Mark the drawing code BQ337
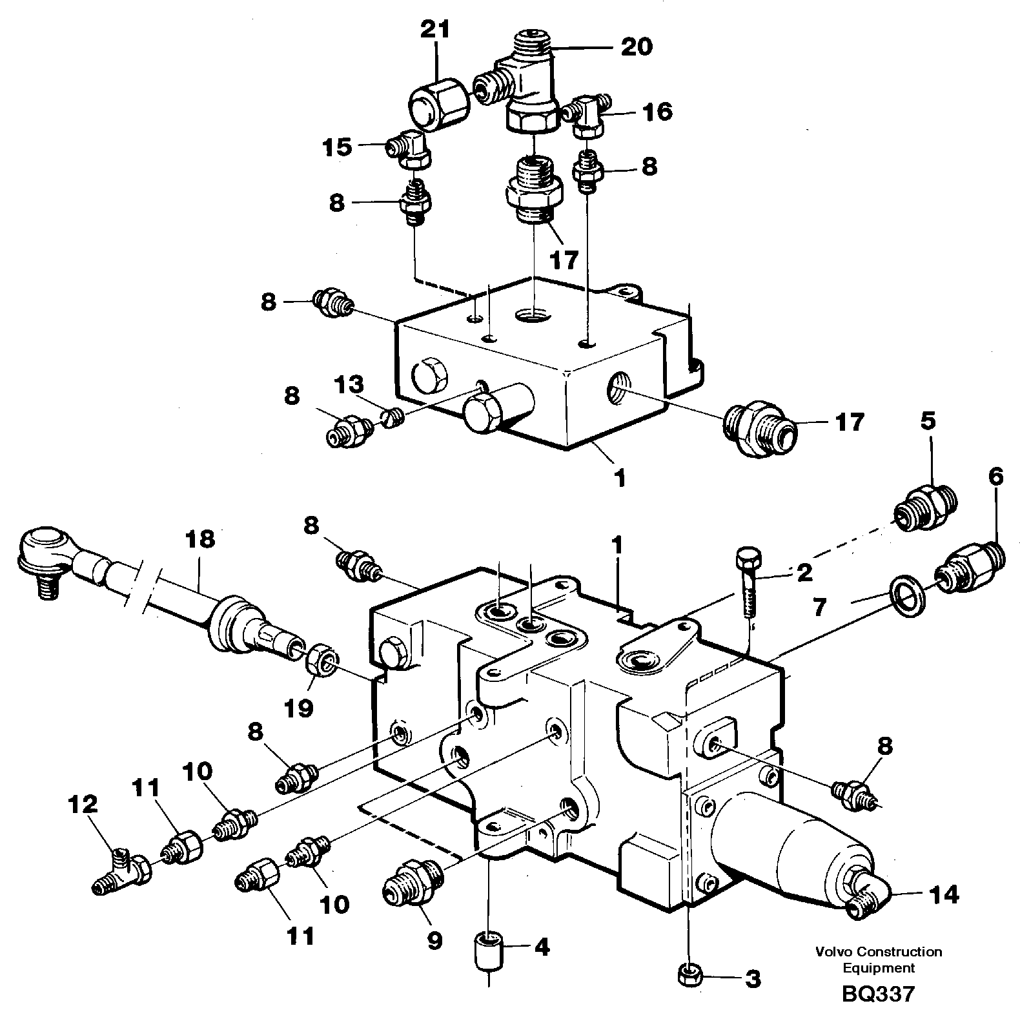click(878, 993)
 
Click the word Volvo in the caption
click(832, 952)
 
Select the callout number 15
click(338, 147)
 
